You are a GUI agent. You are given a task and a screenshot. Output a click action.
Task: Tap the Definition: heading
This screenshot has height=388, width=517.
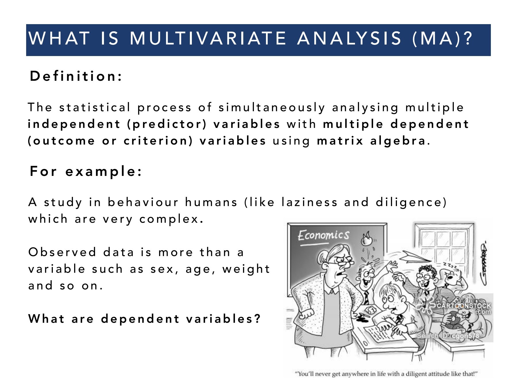pyautogui.click(x=76, y=76)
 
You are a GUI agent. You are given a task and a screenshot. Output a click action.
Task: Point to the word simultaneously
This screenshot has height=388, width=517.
pyautogui.click(x=272, y=107)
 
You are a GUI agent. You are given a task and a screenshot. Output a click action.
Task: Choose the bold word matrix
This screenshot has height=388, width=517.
pyautogui.click(x=340, y=141)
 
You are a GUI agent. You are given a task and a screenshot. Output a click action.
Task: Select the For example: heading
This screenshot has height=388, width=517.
pyautogui.click(x=86, y=172)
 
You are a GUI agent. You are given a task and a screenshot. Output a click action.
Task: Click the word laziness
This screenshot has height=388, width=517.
pyautogui.click(x=309, y=202)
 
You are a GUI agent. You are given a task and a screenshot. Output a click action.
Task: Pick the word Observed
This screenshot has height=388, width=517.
pyautogui.click(x=62, y=252)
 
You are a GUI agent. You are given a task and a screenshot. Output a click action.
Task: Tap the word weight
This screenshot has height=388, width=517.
pyautogui.click(x=246, y=269)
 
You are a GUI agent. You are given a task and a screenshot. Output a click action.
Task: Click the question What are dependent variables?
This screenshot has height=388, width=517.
pyautogui.click(x=144, y=319)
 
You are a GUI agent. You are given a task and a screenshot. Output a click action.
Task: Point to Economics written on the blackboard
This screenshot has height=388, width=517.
pyautogui.click(x=323, y=235)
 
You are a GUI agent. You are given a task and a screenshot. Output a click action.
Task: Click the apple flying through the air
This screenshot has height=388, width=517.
pyautogui.click(x=366, y=239)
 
